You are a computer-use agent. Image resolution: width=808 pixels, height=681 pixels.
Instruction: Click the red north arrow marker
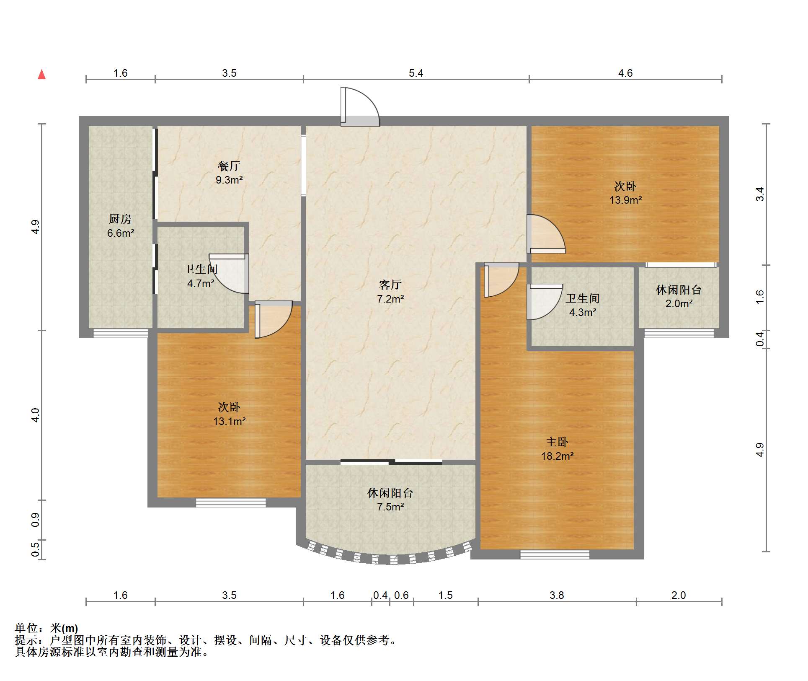(x=41, y=75)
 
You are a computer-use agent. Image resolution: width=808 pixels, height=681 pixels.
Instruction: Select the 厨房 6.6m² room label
(x=120, y=226)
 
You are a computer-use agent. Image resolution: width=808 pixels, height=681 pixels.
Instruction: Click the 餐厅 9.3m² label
(x=229, y=173)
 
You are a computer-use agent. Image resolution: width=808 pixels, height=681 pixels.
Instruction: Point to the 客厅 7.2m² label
(x=390, y=292)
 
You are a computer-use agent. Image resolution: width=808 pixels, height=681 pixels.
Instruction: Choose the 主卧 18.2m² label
(x=557, y=449)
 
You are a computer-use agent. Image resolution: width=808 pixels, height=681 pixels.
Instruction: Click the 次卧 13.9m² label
(x=625, y=193)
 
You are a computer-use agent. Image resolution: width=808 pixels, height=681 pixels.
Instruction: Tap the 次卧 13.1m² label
(x=229, y=414)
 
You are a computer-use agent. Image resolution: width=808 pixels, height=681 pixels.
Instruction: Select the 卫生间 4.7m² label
(x=201, y=276)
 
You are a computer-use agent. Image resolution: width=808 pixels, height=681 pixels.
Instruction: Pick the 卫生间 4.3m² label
(x=582, y=305)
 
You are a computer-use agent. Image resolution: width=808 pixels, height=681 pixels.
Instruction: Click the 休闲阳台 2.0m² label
(x=678, y=296)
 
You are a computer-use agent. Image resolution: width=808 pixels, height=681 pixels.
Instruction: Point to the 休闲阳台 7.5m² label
(x=390, y=500)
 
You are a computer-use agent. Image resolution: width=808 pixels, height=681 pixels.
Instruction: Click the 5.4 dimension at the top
(x=416, y=73)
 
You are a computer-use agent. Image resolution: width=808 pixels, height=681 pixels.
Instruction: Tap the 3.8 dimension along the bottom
(x=557, y=596)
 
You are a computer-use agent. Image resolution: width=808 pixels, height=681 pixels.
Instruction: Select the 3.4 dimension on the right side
(x=759, y=194)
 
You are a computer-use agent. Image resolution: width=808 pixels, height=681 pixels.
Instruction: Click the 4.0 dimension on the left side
(x=35, y=415)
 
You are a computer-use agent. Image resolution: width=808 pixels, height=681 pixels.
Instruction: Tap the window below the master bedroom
(x=555, y=554)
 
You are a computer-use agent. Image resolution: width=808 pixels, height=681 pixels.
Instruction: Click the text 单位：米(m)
(x=46, y=628)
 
